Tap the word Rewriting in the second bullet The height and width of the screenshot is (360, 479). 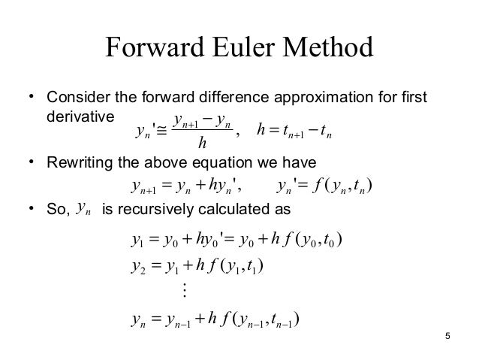[x=76, y=162]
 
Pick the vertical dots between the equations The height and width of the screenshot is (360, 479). [x=183, y=289]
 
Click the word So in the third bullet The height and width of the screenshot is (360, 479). [x=56, y=210]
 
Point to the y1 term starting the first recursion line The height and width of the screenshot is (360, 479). [x=136, y=244]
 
